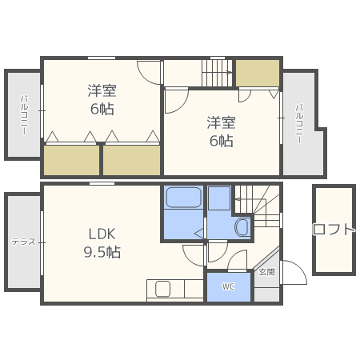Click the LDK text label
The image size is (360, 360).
click(x=102, y=234)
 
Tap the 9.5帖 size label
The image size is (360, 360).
click(x=102, y=252)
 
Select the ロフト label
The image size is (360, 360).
click(x=334, y=230)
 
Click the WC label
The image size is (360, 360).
click(x=228, y=286)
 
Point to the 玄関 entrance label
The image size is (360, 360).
click(x=266, y=272)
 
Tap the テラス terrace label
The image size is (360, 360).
click(x=22, y=242)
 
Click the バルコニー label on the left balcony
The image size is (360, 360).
click(x=23, y=114)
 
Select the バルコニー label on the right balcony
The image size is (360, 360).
click(x=298, y=124)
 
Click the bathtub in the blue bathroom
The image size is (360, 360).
click(x=183, y=200)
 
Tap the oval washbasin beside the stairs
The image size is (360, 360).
click(x=242, y=227)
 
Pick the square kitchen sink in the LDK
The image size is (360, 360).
click(x=163, y=289)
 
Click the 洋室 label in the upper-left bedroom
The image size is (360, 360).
click(x=102, y=90)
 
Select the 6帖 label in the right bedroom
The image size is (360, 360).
click(x=222, y=141)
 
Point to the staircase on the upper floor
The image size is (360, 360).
click(x=216, y=74)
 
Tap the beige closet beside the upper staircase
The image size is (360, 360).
click(x=258, y=73)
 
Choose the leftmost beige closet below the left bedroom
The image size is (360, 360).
click(x=71, y=160)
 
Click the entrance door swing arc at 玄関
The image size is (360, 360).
click(x=292, y=273)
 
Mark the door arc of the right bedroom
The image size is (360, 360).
click(x=175, y=100)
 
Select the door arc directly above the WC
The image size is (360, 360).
click(x=238, y=262)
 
